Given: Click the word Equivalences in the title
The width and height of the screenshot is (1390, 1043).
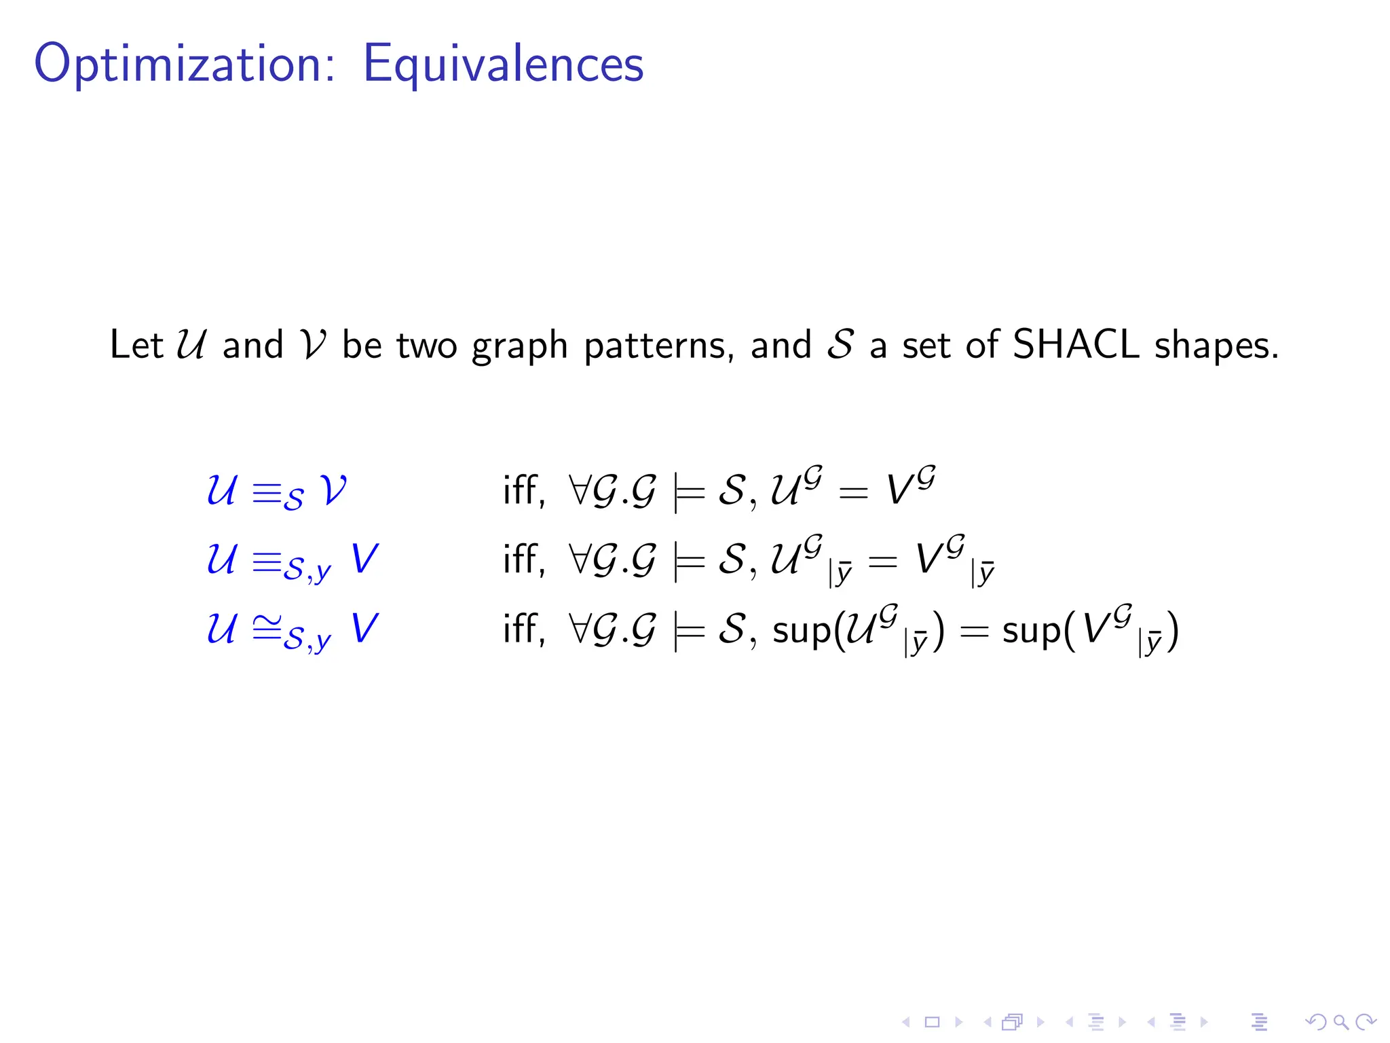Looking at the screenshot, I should pos(503,64).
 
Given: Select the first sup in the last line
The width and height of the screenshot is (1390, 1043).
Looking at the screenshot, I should pos(801,630).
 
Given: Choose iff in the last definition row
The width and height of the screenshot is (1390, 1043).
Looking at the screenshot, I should pos(523,628).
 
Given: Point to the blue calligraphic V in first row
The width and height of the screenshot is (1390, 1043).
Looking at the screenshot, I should pos(333,490).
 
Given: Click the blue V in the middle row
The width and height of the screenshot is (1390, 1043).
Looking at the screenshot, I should pos(364,559).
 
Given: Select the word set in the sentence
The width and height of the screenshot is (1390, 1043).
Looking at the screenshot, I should pos(926,346).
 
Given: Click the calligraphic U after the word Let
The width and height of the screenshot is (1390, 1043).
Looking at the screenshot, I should pos(191,344).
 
